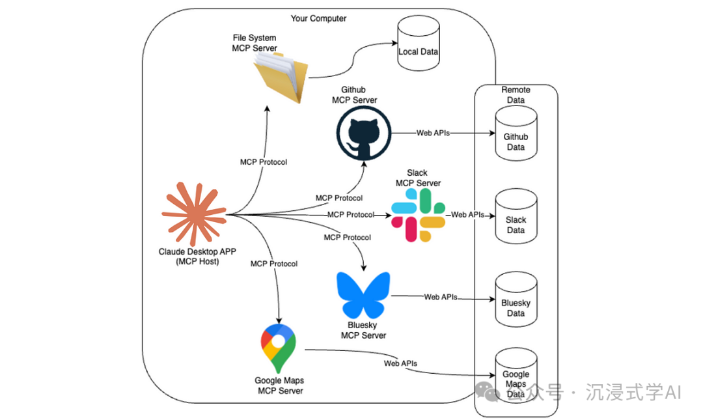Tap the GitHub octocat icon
pos(364,133)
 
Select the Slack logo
pos(419,216)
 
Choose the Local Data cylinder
pos(418,49)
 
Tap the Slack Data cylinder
pos(516,217)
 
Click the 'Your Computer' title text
pos(318,18)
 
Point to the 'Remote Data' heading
pos(516,95)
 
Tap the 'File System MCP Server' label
pos(255,43)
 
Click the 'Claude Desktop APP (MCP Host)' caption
pos(193,257)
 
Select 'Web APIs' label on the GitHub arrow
pos(433,133)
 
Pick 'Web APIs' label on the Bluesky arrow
pos(441,297)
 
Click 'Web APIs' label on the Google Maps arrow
pos(400,363)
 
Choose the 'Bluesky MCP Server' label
pos(363,330)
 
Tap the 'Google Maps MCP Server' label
pos(279,385)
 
